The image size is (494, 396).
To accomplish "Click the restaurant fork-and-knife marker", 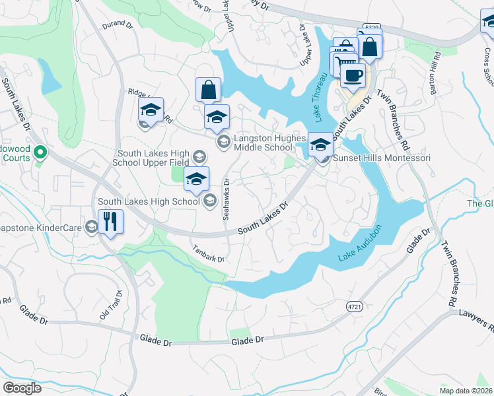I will coord(110,222).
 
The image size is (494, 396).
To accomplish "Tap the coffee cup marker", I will coord(353,75).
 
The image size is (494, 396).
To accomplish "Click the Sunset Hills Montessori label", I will coord(382,158).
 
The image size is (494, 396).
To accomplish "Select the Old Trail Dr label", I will coord(110,306).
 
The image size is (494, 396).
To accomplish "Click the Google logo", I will coord(22,388).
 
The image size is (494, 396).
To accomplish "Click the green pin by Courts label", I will coord(40,153).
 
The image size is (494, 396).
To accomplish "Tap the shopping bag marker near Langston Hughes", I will coord(208,89).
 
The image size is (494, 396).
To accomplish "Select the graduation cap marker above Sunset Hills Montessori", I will coord(321,143).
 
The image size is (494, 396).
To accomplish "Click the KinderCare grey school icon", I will coord(91,227).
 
